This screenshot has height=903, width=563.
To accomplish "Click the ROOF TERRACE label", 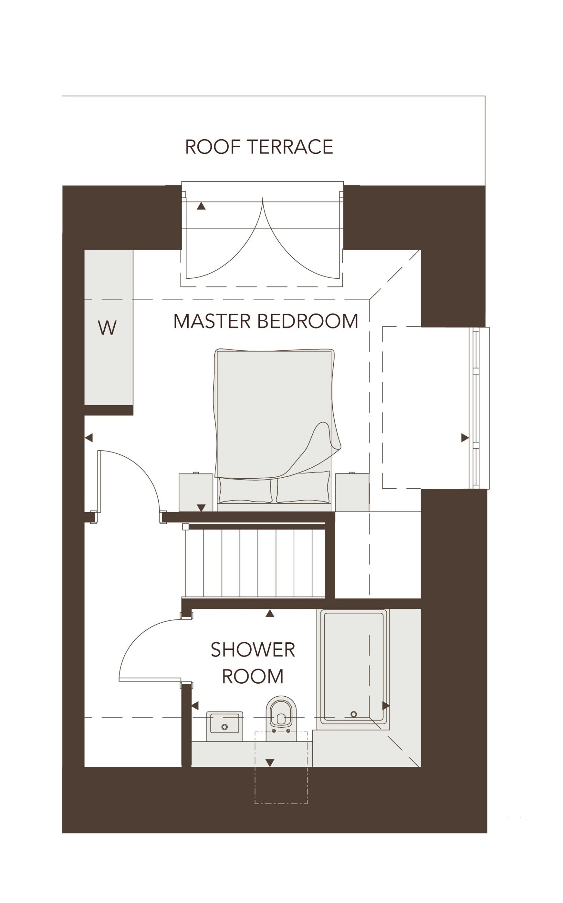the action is coord(259,146).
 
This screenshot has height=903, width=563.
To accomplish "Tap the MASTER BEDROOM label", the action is coord(265,321).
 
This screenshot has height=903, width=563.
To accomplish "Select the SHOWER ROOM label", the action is coord(253,663).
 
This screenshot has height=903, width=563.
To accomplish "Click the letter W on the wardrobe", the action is coord(107,327).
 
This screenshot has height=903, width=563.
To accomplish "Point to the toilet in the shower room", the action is coord(281,718).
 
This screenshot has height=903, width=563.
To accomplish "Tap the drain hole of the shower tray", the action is coord(353,714).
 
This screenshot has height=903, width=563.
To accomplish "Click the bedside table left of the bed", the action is coord(196,492).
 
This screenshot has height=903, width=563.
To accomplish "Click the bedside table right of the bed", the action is coord(352,492).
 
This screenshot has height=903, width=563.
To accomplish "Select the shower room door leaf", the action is coord(150,679).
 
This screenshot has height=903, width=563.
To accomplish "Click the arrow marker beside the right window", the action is coord(465,438).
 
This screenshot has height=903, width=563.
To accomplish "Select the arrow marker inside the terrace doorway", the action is coord(201,206).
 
